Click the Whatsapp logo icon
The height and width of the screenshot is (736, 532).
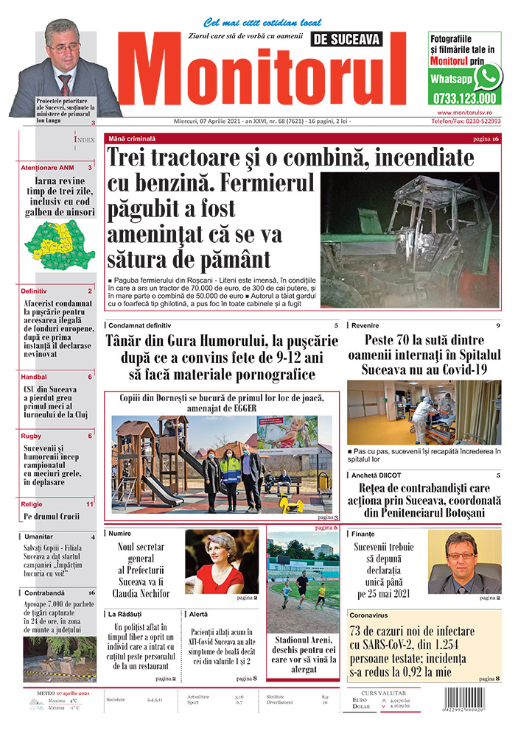pyautogui.click(x=488, y=76)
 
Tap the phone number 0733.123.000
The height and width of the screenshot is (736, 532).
pyautogui.click(x=465, y=98)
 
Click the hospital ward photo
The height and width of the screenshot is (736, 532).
pyautogui.click(x=423, y=412)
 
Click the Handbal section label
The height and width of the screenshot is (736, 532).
pyautogui.click(x=34, y=377)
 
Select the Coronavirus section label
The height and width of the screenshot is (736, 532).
pyautogui.click(x=371, y=613)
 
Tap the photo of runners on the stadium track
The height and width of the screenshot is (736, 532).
pyautogui.click(x=301, y=581)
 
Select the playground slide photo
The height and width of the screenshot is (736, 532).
pyautogui.click(x=221, y=464)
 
